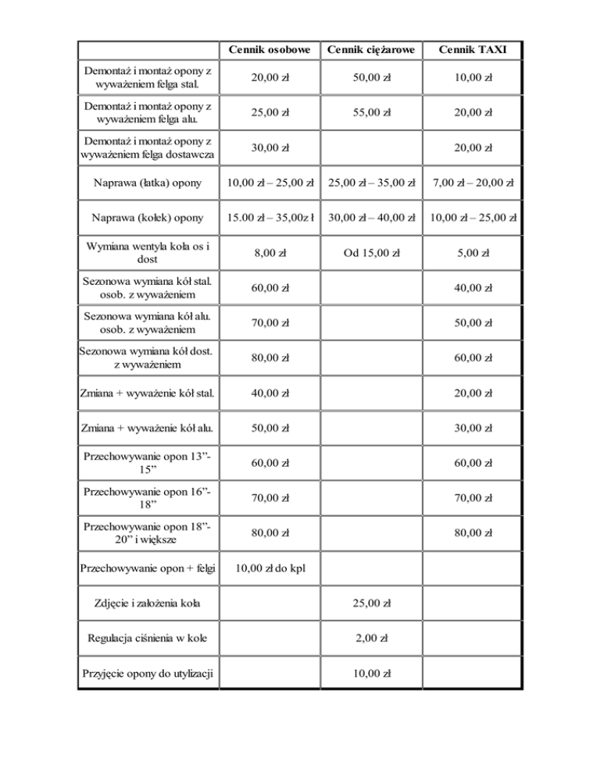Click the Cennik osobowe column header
coord(269,50)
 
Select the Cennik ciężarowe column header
coord(371,50)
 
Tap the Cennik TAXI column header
coord(472,50)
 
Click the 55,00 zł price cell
coord(371,112)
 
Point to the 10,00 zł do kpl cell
coord(269,568)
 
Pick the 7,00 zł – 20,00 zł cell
coord(472,183)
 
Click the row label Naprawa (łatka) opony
coord(148,183)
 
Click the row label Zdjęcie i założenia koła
coord(147,603)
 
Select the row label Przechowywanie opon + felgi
coord(147,568)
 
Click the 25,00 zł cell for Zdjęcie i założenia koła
coord(371,603)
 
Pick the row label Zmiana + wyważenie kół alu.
coord(147,427)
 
